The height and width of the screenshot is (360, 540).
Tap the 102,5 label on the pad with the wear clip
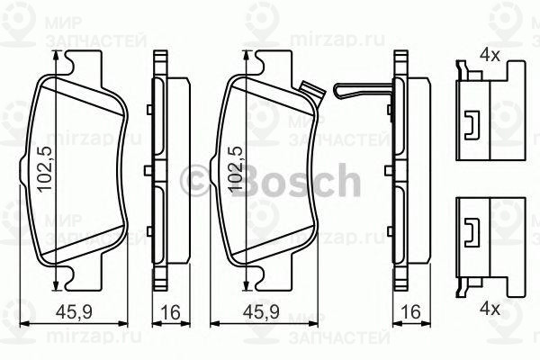(237, 170)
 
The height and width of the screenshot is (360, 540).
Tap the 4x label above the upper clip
(490, 55)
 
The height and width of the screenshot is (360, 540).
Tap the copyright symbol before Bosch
(195, 180)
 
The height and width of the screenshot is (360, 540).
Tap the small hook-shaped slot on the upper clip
(471, 126)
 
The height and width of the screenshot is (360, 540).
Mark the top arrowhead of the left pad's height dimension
(58, 56)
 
